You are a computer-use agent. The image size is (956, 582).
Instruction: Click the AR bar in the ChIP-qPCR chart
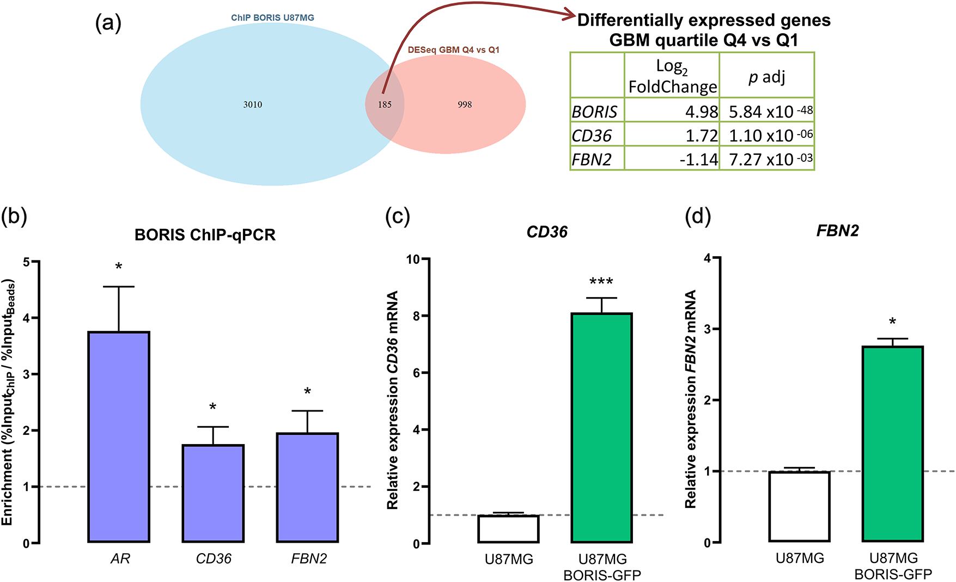coord(119,436)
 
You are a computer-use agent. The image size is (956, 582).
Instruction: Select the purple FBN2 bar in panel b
coord(307,487)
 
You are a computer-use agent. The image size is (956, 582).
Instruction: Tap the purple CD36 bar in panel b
coord(213,493)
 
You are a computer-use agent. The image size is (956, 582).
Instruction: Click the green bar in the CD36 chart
coord(601,427)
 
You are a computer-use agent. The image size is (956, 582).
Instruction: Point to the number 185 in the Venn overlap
coord(385,105)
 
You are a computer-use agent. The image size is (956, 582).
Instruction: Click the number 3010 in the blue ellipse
coord(253,105)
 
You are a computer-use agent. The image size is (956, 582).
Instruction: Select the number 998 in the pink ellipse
coord(465,105)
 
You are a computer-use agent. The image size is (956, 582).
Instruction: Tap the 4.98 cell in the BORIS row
coord(702,112)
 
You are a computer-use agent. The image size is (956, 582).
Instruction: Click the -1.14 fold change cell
coord(699,159)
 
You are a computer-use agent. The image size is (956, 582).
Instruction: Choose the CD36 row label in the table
coord(592,135)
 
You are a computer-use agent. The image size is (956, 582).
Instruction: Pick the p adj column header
coord(766,77)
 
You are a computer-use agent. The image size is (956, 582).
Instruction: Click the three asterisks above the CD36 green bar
coord(601,282)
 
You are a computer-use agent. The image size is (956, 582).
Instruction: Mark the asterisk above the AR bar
coord(119,266)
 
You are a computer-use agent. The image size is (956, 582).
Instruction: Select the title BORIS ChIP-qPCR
coord(205,235)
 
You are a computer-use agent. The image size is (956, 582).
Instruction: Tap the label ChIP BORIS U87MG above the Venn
coord(272,17)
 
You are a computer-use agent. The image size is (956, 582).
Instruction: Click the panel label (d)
coord(698,216)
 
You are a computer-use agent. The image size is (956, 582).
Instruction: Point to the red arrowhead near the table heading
coord(569,14)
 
